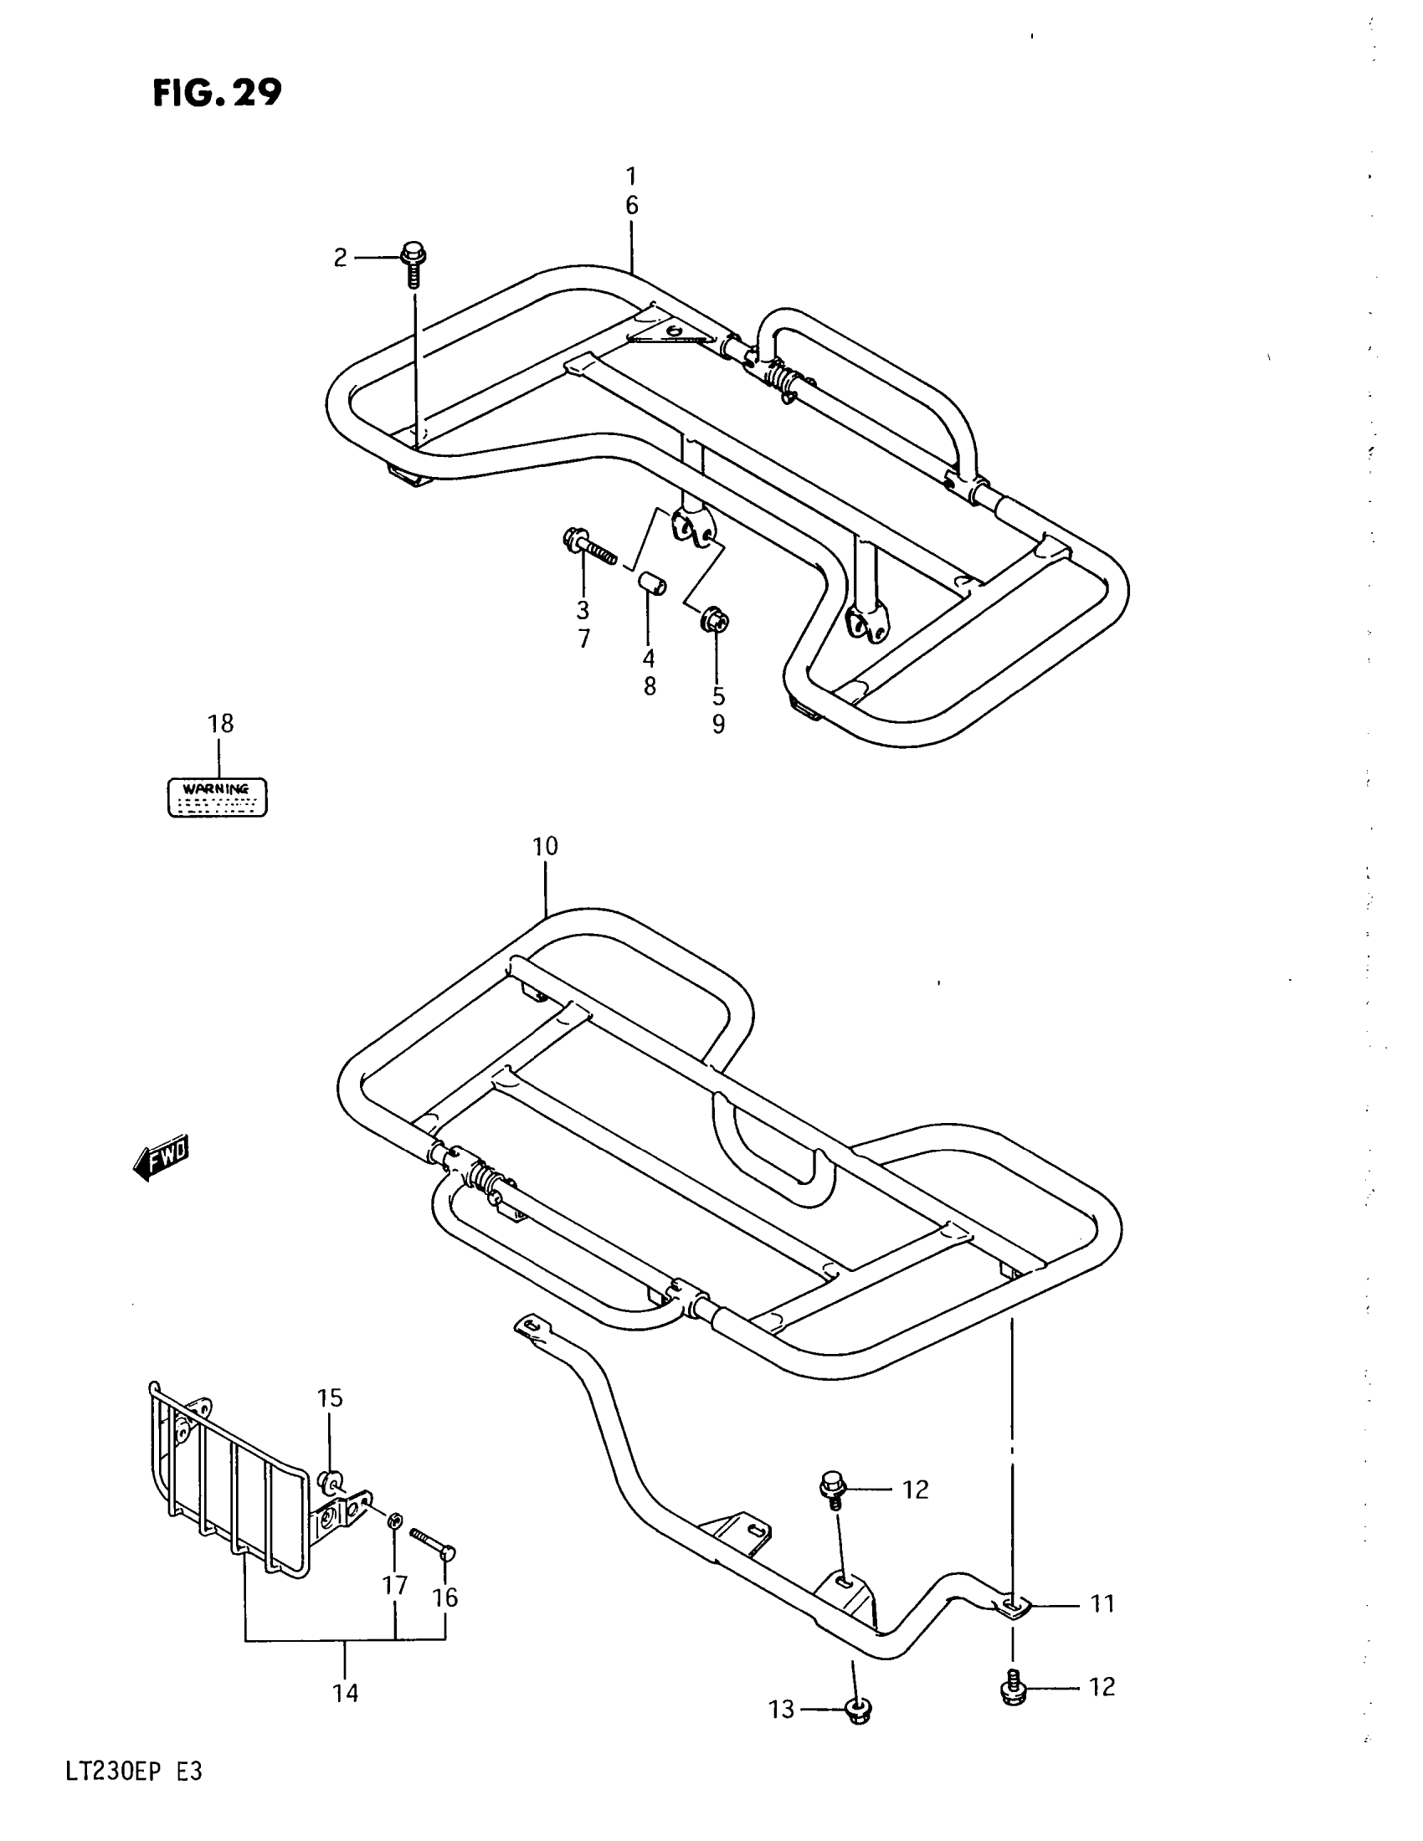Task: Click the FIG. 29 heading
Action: [218, 94]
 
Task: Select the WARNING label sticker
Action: [218, 797]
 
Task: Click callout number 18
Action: [221, 723]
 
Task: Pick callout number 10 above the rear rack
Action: [546, 846]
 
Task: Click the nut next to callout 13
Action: [857, 1710]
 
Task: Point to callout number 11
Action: [1102, 1603]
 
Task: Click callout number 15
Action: [330, 1397]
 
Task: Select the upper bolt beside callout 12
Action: [834, 1489]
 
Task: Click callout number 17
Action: [395, 1585]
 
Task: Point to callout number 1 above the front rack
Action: [631, 177]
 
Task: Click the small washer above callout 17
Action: [393, 1520]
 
